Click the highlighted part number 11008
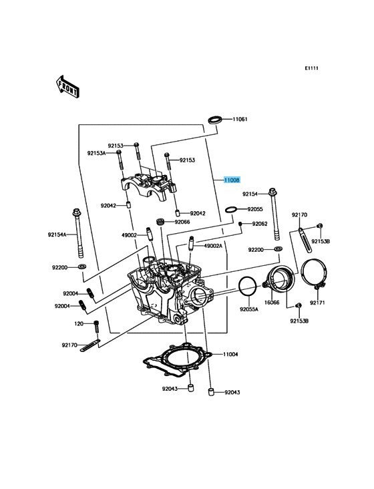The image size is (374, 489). (232, 180)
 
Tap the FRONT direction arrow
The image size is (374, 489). (67, 86)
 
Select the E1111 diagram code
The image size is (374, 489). (311, 68)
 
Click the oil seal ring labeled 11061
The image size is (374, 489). (215, 120)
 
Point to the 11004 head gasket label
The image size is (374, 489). (230, 354)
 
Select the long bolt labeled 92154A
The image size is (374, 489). (78, 233)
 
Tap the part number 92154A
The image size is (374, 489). (57, 234)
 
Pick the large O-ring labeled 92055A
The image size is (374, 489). (248, 286)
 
